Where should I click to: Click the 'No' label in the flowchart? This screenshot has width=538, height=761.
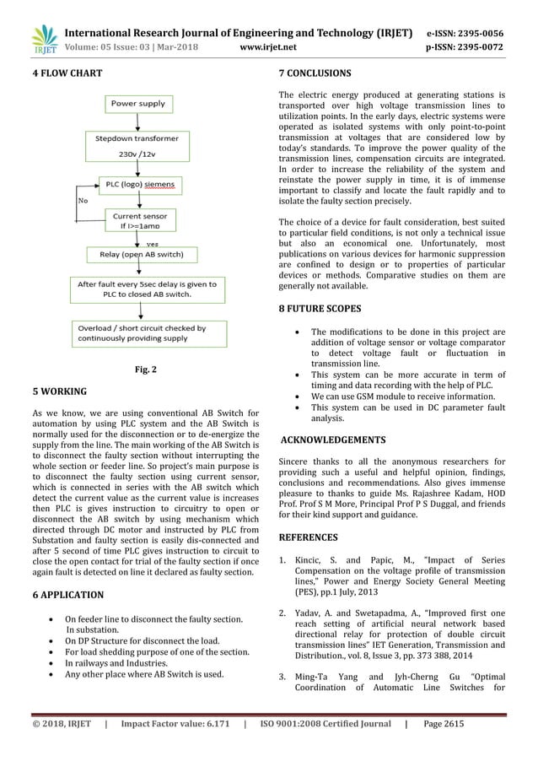(x=83, y=202)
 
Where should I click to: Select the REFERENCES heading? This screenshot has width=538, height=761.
(x=308, y=537)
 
